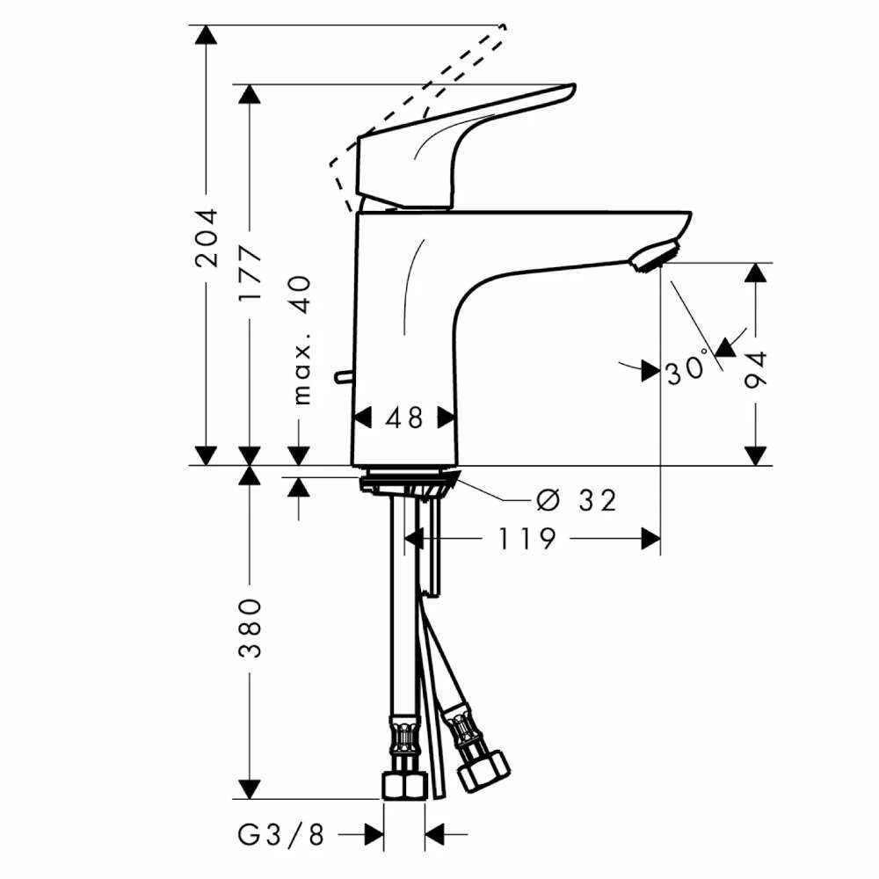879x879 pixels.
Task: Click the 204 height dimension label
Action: click(206, 237)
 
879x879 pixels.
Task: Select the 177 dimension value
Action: click(250, 274)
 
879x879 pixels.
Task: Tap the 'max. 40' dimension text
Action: click(301, 339)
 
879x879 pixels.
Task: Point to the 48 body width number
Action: click(404, 418)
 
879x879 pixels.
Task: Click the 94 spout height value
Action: click(755, 370)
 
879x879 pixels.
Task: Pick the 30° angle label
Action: click(688, 367)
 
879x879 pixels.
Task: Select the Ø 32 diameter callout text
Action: click(576, 500)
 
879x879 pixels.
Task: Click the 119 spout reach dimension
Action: click(527, 539)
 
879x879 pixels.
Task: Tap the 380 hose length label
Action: click(250, 628)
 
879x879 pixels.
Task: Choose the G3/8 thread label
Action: click(281, 835)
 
